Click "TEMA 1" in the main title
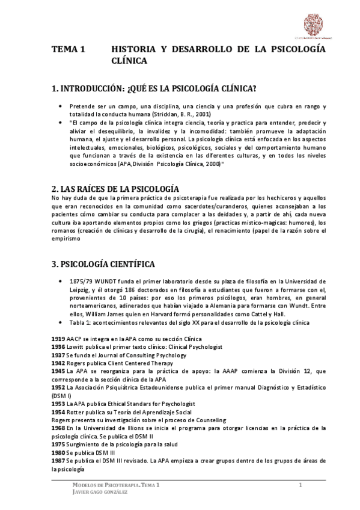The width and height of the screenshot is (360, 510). (70, 51)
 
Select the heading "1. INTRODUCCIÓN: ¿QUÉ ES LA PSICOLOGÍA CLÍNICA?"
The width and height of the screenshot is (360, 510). (154, 89)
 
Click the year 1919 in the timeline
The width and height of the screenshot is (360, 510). (59, 339)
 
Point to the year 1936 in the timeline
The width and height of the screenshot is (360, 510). (59, 347)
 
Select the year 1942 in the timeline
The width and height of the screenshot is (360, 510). (59, 363)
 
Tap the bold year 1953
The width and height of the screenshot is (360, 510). (59, 405)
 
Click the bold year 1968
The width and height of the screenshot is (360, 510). (59, 428)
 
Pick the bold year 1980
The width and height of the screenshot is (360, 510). (59, 452)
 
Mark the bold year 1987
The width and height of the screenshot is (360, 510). (59, 460)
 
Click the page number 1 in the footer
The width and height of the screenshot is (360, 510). (299, 485)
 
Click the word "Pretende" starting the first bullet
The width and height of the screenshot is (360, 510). (81, 106)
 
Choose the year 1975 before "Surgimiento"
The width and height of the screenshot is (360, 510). (59, 444)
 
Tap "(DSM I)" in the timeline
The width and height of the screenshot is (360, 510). (62, 396)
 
